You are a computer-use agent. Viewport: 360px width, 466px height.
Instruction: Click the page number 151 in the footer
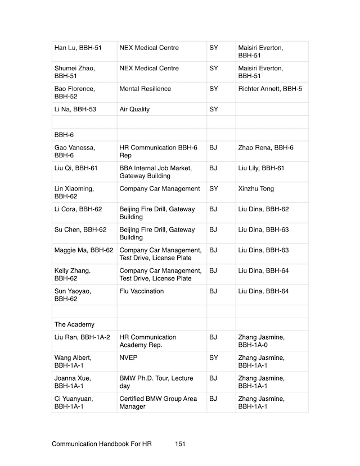180,444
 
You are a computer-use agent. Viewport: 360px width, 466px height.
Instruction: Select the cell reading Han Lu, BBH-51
77,48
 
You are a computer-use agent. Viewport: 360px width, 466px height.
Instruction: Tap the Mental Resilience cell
145,89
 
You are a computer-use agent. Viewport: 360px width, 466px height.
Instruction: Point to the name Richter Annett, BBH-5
270,89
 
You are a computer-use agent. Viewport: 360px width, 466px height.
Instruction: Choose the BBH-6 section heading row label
64,135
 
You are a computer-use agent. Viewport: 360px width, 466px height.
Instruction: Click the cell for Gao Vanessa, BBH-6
75,151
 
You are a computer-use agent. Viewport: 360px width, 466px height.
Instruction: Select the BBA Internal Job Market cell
156,172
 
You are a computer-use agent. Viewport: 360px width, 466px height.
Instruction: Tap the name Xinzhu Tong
256,189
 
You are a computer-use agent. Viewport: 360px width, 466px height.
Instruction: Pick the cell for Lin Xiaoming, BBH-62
74,192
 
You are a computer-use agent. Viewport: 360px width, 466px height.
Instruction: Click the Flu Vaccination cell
142,291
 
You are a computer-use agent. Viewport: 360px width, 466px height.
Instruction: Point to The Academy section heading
74,324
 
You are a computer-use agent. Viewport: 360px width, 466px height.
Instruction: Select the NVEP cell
128,358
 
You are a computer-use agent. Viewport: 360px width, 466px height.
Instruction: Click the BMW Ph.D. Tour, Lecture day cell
155,382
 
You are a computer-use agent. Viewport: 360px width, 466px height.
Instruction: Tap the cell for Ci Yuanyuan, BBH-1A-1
74,402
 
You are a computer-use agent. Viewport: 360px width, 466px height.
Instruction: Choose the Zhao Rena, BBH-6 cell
265,148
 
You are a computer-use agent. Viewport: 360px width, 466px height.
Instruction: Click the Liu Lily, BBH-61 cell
261,168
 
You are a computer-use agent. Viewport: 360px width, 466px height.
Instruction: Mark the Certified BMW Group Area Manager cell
158,402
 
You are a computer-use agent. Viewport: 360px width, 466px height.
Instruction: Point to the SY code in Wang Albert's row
213,358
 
